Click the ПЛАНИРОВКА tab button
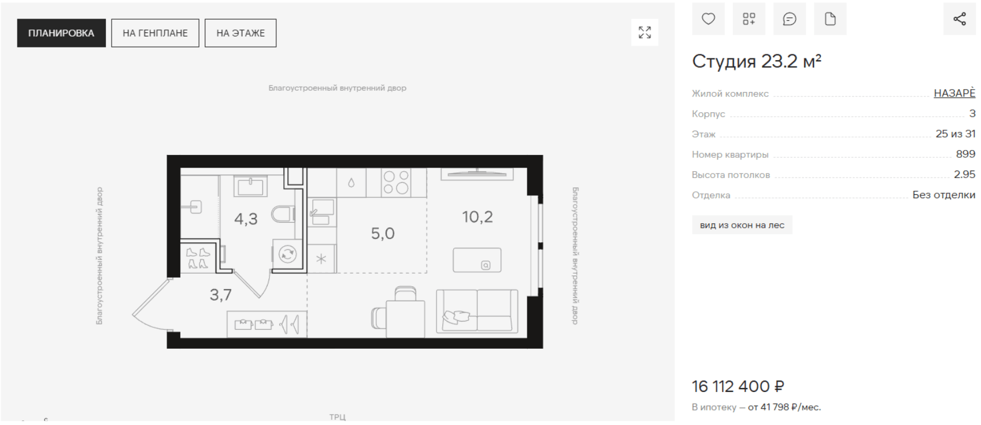(61, 33)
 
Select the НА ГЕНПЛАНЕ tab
(155, 33)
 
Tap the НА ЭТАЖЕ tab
(240, 33)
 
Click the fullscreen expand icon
(645, 32)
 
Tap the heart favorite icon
(708, 19)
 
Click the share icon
(960, 19)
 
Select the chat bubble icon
(789, 19)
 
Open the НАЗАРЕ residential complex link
(954, 93)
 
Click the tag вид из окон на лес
(742, 225)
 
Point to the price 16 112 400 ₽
(738, 386)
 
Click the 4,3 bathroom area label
(246, 219)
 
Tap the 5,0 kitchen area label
(383, 234)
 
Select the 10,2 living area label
(477, 217)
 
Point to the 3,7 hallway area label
(220, 295)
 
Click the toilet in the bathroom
(283, 215)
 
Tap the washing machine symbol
(287, 254)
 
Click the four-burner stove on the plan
(396, 182)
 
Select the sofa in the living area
(477, 311)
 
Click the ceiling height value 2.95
(964, 175)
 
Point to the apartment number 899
(965, 154)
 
